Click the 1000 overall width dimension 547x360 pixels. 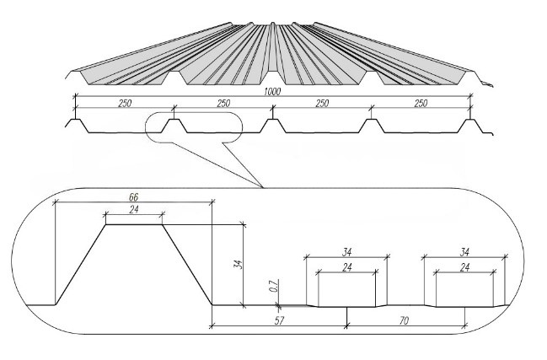click(x=273, y=91)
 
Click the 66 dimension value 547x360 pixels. click(x=133, y=196)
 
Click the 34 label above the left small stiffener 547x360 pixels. click(x=346, y=250)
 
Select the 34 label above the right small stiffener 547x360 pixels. click(x=464, y=250)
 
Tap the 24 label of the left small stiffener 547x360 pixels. click(x=346, y=267)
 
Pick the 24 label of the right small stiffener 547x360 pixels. click(x=464, y=267)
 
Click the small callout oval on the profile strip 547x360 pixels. click(x=192, y=127)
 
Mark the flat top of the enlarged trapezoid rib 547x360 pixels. click(x=133, y=224)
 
